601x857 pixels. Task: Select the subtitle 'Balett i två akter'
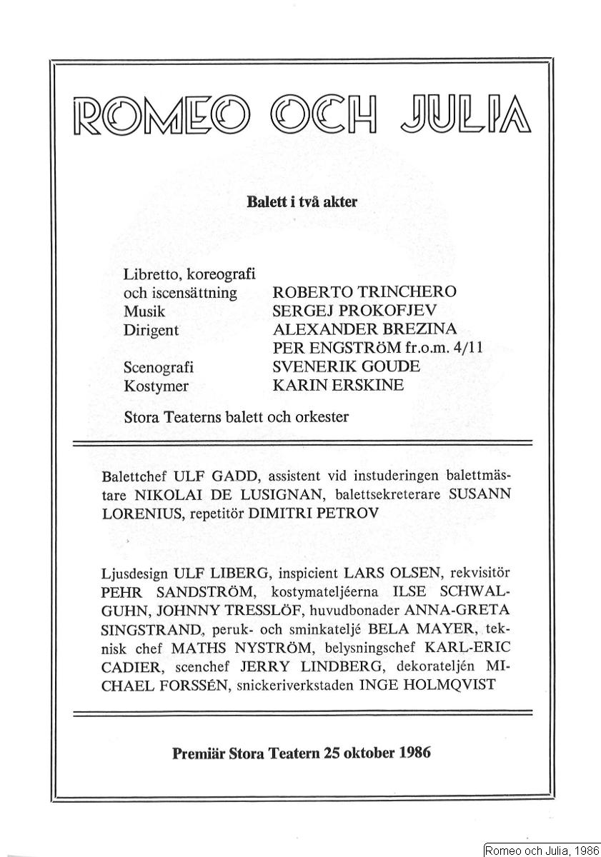[302, 202]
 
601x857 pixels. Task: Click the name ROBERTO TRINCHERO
[364, 293]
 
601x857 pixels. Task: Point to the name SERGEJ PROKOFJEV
[354, 311]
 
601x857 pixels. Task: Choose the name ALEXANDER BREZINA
[364, 330]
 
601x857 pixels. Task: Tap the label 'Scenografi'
[159, 367]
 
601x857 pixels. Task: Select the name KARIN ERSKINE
[338, 386]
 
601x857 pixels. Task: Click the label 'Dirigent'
[152, 330]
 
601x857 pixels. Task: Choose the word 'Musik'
[144, 311]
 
